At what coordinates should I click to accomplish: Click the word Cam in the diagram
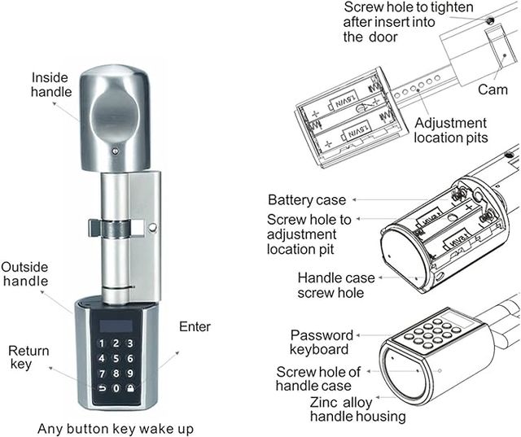[x=493, y=88]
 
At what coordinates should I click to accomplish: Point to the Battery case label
[x=307, y=200]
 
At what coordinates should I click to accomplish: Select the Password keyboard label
[x=322, y=343]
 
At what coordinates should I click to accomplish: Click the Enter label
[x=195, y=327]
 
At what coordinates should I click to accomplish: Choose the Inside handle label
[x=50, y=85]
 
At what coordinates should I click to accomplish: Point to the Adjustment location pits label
[x=450, y=130]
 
